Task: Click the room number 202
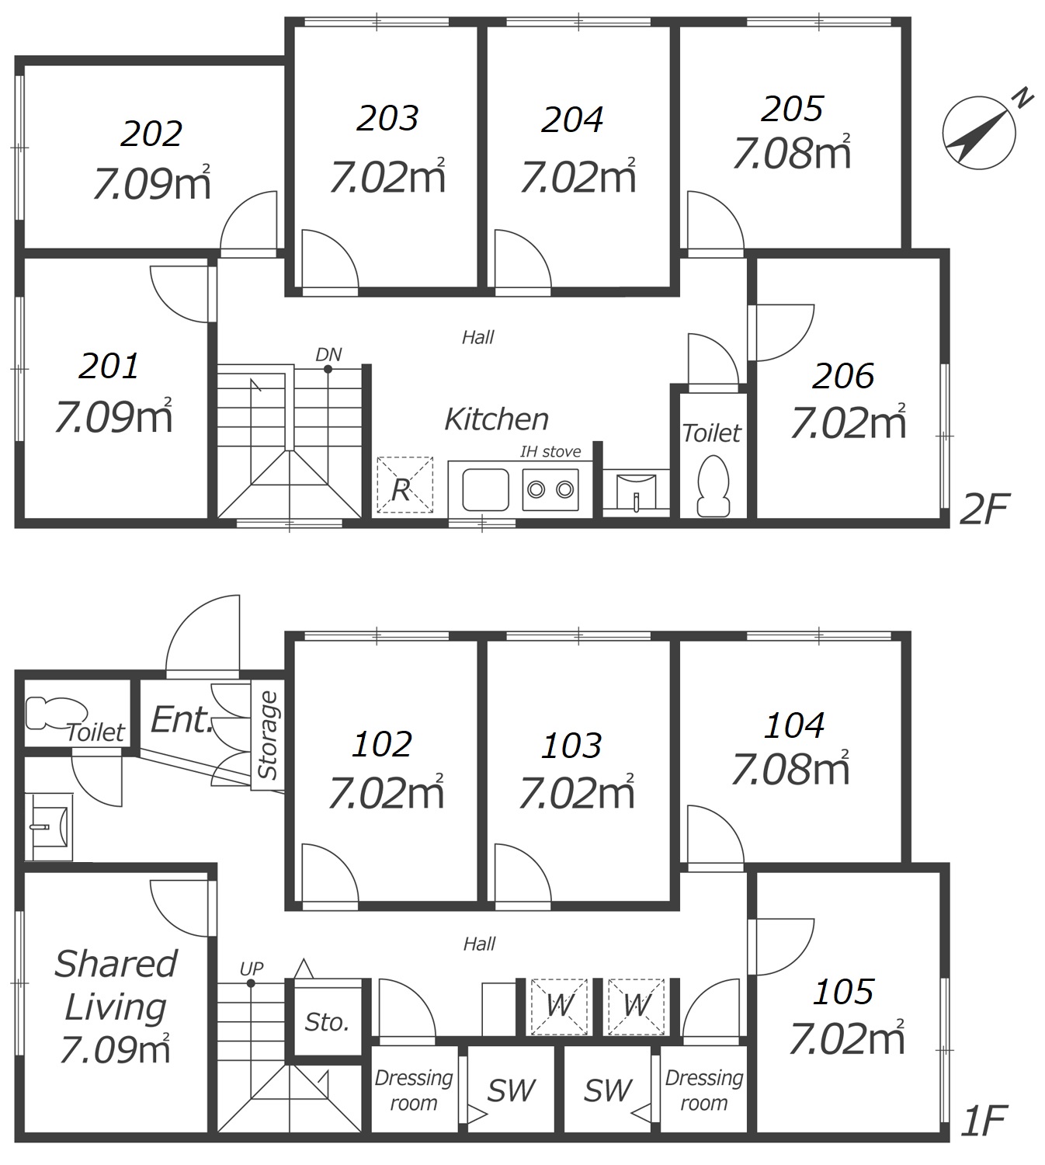[x=151, y=134]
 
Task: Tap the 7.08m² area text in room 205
[x=791, y=151]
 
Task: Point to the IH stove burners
[x=550, y=490]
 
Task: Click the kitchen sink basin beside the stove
[x=486, y=490]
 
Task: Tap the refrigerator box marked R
[x=404, y=485]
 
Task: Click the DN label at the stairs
[x=328, y=354]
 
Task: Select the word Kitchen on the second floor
[x=497, y=419]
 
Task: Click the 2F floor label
[x=984, y=509]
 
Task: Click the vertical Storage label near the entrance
[x=268, y=736]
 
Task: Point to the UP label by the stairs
[x=252, y=969]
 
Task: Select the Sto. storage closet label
[x=327, y=1022]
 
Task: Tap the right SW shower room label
[x=608, y=1090]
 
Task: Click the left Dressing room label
[x=414, y=1090]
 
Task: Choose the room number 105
[x=843, y=992]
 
